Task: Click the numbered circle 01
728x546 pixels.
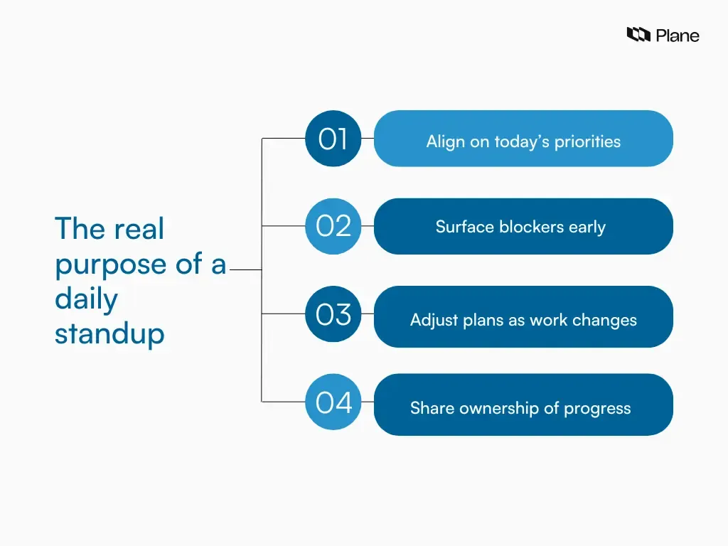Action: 333,139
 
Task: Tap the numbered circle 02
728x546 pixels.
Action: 333,226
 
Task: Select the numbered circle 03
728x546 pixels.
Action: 333,314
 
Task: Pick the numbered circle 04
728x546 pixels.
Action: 333,402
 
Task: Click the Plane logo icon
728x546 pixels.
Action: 638,34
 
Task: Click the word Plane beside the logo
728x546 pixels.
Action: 678,35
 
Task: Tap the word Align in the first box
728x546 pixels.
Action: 445,141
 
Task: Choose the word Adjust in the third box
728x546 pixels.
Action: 433,320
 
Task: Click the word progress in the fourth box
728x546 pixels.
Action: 597,408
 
